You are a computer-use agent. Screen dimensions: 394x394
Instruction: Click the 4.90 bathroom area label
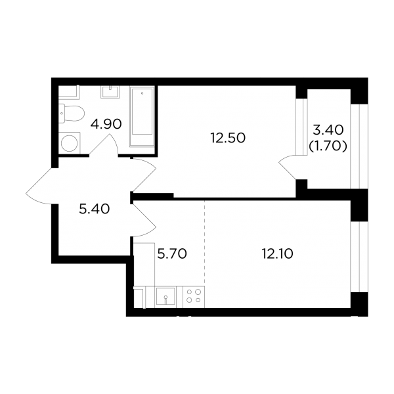(106, 124)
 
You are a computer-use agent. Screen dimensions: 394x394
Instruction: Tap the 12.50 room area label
(228, 138)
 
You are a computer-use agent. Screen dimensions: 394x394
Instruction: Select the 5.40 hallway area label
(94, 209)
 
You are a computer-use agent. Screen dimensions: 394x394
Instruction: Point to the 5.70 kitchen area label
(172, 253)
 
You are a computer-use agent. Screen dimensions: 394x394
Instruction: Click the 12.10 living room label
(277, 253)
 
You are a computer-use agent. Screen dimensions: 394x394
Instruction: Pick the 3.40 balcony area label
(328, 130)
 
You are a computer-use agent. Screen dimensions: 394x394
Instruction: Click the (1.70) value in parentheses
(328, 146)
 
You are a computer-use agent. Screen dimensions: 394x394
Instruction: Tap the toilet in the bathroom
(72, 114)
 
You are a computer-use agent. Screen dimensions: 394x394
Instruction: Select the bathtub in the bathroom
(142, 116)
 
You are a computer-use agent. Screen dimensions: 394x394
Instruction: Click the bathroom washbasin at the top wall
(110, 92)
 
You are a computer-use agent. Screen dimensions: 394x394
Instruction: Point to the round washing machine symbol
(70, 143)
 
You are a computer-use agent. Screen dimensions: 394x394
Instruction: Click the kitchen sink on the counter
(165, 297)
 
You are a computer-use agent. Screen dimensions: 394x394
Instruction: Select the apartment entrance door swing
(42, 185)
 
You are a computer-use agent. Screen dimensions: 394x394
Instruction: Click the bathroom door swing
(104, 145)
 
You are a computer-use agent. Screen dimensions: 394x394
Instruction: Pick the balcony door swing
(289, 167)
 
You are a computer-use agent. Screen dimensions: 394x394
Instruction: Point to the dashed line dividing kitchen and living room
(204, 243)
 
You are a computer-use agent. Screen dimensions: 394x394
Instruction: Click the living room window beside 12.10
(359, 257)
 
